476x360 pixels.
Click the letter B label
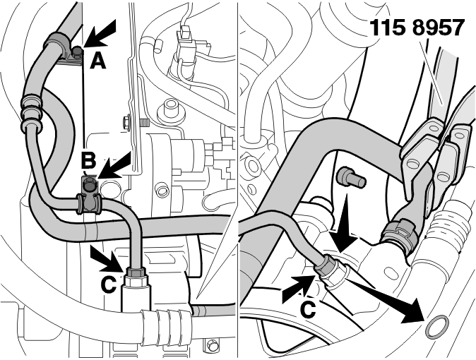tap(88, 161)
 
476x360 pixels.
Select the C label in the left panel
tap(108, 284)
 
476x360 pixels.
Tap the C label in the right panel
tap(308, 309)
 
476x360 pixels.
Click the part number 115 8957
tap(417, 28)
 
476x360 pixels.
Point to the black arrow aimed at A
tap(100, 33)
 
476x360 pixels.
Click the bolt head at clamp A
tap(78, 52)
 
